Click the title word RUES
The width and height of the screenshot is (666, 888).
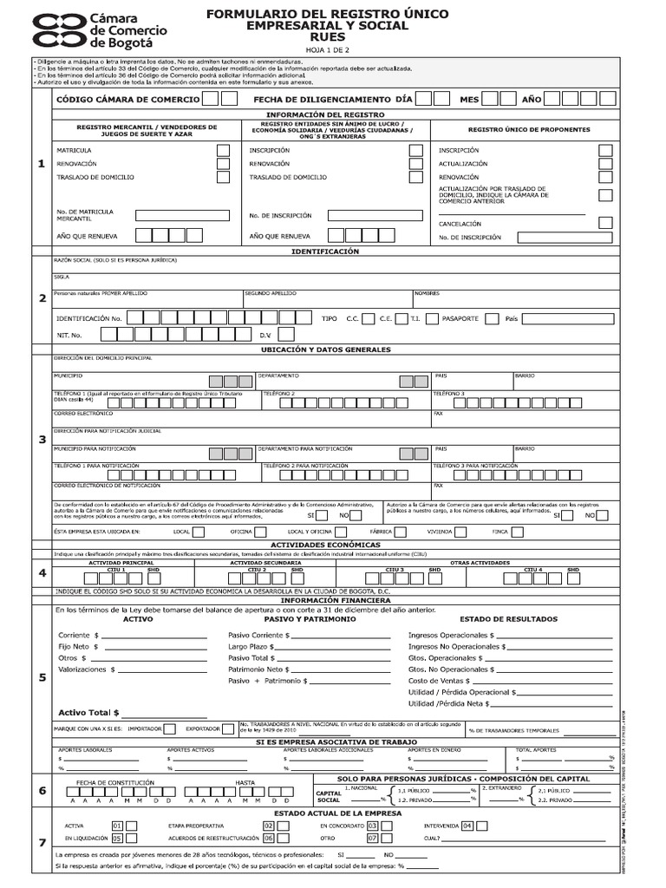coord(326,38)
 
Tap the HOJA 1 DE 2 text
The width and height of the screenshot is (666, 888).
coord(326,50)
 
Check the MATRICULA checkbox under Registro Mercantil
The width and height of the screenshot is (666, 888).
coord(223,150)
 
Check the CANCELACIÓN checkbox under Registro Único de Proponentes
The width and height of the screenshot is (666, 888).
coord(605,223)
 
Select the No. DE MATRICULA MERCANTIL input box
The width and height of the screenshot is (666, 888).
coord(181,215)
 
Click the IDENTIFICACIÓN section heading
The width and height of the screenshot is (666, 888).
coord(325,251)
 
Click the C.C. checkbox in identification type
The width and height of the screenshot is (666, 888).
coord(369,318)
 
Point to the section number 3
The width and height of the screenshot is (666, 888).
coord(42,440)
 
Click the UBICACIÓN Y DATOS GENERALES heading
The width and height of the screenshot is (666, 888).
coord(325,349)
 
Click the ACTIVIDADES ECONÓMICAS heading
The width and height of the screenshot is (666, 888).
coord(325,544)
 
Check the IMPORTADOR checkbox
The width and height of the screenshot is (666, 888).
coord(169,729)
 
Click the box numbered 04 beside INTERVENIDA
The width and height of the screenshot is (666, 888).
coord(467,826)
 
